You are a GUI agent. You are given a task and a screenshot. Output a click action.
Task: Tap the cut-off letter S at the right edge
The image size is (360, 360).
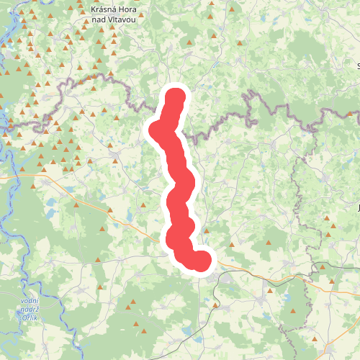(358, 66)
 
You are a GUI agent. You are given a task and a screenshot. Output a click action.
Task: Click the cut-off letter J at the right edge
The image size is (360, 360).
(358, 208)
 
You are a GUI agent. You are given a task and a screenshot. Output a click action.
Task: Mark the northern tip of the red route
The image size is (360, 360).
(176, 96)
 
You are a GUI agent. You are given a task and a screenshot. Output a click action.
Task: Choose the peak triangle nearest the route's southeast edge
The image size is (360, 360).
(207, 232)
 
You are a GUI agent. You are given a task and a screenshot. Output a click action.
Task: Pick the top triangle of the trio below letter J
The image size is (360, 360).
(333, 225)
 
